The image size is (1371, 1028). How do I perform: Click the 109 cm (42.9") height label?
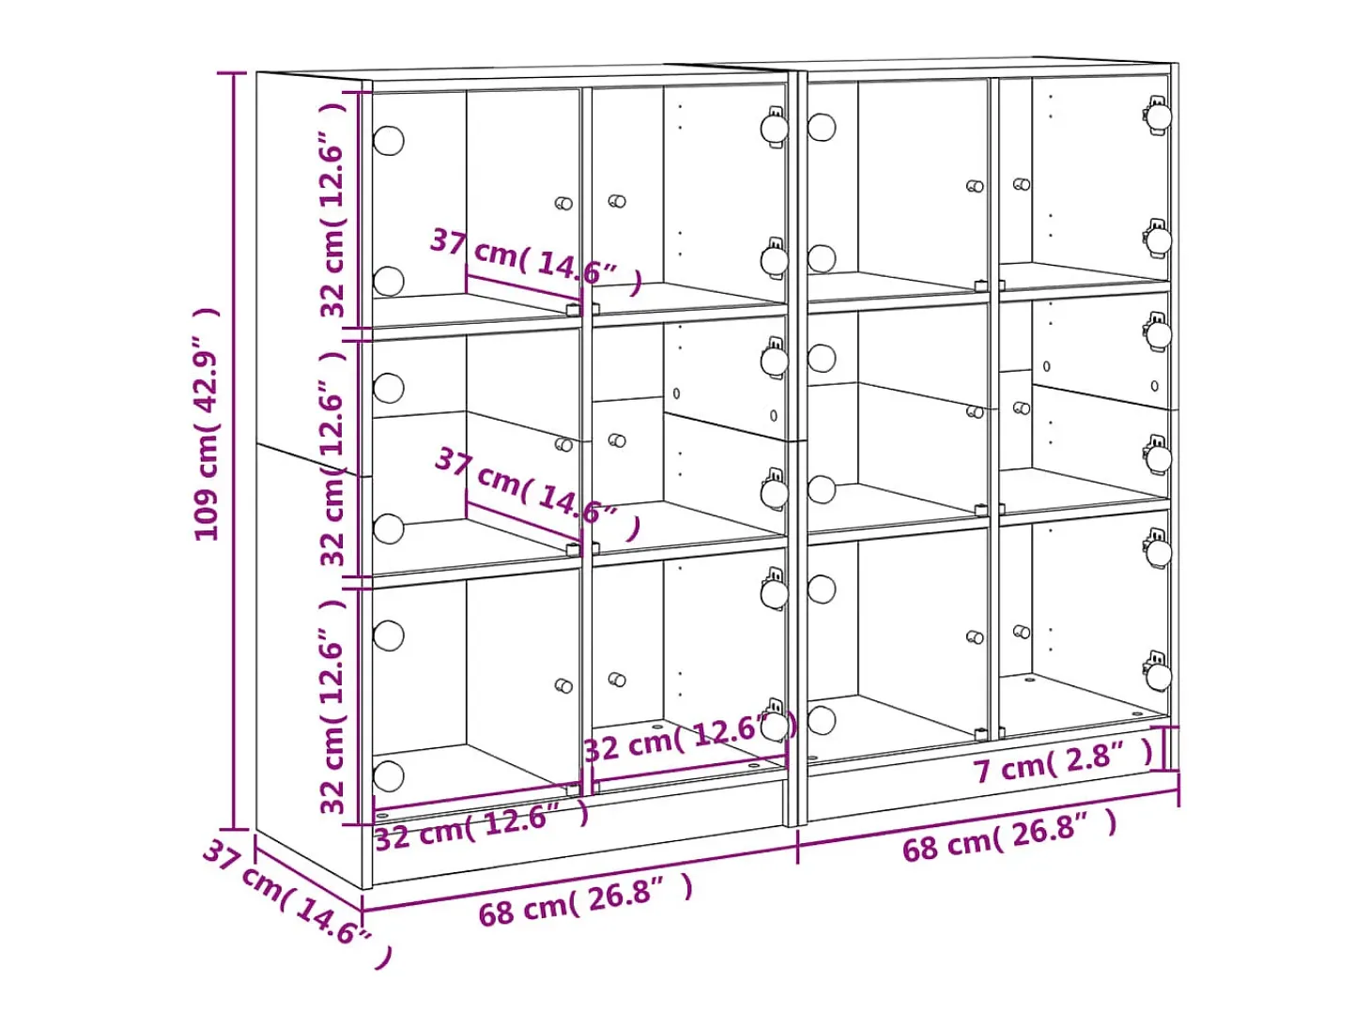(x=207, y=423)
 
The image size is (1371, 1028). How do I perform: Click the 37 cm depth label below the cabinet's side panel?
(x=298, y=902)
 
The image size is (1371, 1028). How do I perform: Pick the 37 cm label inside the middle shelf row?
(x=537, y=492)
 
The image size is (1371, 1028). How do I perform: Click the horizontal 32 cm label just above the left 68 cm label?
(x=482, y=827)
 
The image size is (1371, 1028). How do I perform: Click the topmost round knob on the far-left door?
(x=389, y=140)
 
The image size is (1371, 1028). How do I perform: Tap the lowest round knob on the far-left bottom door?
(x=389, y=775)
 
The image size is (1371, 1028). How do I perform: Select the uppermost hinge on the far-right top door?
(x=1158, y=115)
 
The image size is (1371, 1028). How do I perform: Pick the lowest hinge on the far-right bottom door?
(x=1158, y=671)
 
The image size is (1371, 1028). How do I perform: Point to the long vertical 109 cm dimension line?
(x=235, y=451)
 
